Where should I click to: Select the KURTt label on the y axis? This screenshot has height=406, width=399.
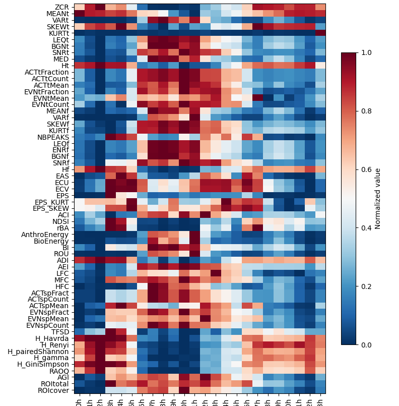(58, 33)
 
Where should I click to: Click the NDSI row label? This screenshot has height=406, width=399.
(60, 221)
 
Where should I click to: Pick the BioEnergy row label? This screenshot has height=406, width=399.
(49, 241)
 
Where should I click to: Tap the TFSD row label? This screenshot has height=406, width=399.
(60, 331)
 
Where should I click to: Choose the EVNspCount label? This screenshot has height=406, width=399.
(47, 325)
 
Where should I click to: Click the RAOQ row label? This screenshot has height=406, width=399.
(59, 370)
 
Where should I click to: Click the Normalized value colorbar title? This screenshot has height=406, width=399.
(378, 199)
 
